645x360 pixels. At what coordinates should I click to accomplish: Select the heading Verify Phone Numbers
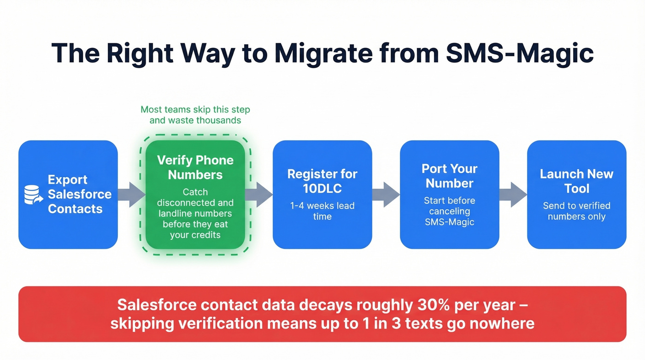195,167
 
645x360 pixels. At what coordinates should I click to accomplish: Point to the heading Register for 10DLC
322,181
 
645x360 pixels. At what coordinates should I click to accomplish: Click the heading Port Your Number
449,176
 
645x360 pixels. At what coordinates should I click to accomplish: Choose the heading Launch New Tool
576,181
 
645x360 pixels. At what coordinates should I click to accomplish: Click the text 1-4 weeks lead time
322,211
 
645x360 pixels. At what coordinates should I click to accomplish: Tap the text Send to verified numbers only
576,211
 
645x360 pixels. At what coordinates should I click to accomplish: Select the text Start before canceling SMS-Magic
449,211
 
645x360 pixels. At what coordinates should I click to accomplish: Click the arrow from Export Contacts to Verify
131,195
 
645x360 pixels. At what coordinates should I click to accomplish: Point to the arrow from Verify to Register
259,195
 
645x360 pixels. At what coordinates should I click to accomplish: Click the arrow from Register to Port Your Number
386,195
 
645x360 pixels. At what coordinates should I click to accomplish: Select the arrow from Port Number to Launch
513,195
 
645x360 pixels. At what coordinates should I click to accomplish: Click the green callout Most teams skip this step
195,115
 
